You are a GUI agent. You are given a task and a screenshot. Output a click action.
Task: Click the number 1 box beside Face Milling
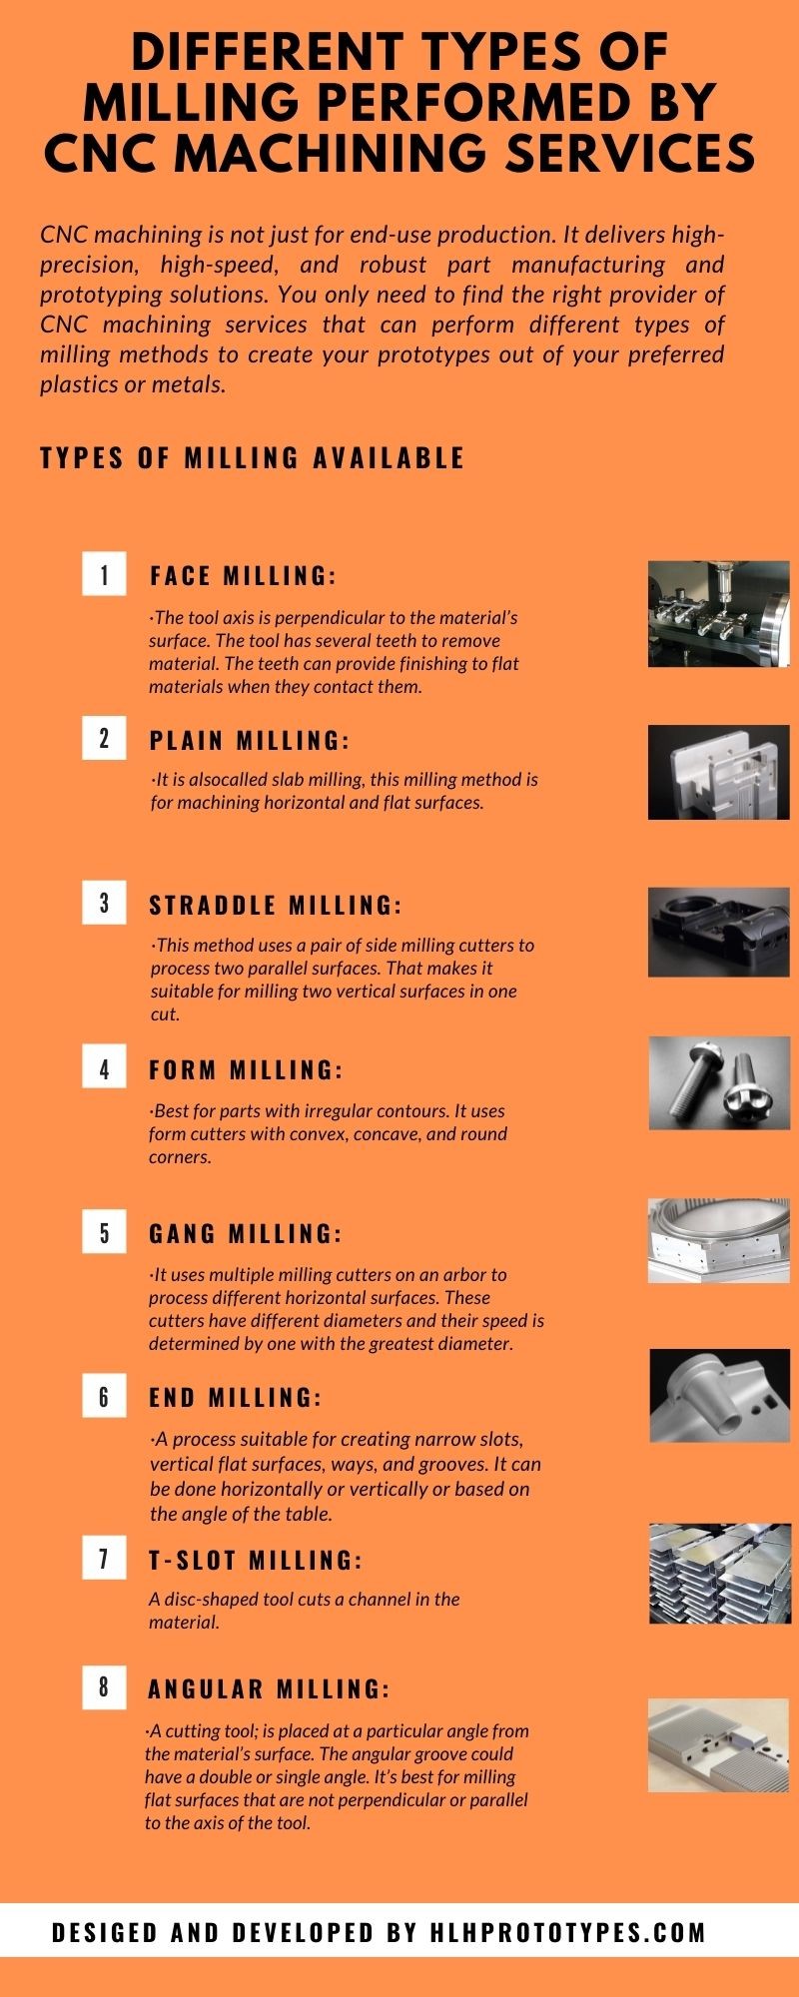point(104,574)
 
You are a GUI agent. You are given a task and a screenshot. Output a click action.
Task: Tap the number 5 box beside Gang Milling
point(104,1232)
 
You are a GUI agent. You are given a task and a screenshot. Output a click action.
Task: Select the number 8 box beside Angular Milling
point(104,1687)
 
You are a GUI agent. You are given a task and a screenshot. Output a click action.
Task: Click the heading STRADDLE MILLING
point(275,906)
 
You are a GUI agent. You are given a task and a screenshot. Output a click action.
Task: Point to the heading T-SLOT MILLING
point(256,1560)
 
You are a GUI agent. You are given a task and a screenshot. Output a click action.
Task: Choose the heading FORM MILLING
point(246,1070)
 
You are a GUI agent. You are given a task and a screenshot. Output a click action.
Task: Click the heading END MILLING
point(236,1397)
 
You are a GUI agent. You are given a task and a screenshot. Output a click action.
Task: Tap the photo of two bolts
point(719,1082)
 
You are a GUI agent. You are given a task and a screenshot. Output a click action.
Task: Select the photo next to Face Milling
point(719,614)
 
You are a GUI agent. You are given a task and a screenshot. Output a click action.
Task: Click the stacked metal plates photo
point(719,1573)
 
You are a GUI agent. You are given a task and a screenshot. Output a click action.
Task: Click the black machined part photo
point(719,932)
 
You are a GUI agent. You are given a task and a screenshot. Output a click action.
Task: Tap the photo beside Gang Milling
point(719,1240)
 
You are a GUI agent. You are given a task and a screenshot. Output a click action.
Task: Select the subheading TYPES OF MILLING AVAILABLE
point(253,457)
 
